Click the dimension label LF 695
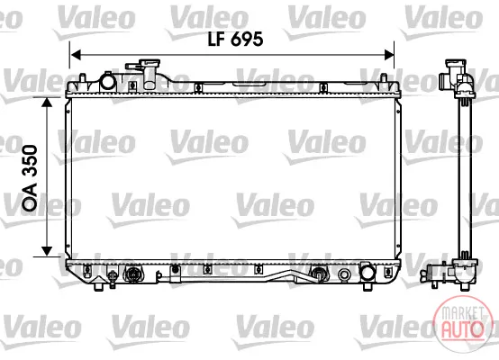click(235, 39)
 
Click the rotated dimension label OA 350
click(30, 178)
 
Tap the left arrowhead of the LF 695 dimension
click(76, 55)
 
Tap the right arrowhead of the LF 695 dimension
click(389, 55)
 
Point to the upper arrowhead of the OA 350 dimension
click(47, 103)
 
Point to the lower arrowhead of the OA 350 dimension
click(47, 251)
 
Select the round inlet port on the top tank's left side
click(107, 81)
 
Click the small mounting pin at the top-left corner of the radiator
click(82, 78)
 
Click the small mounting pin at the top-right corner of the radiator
click(384, 78)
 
